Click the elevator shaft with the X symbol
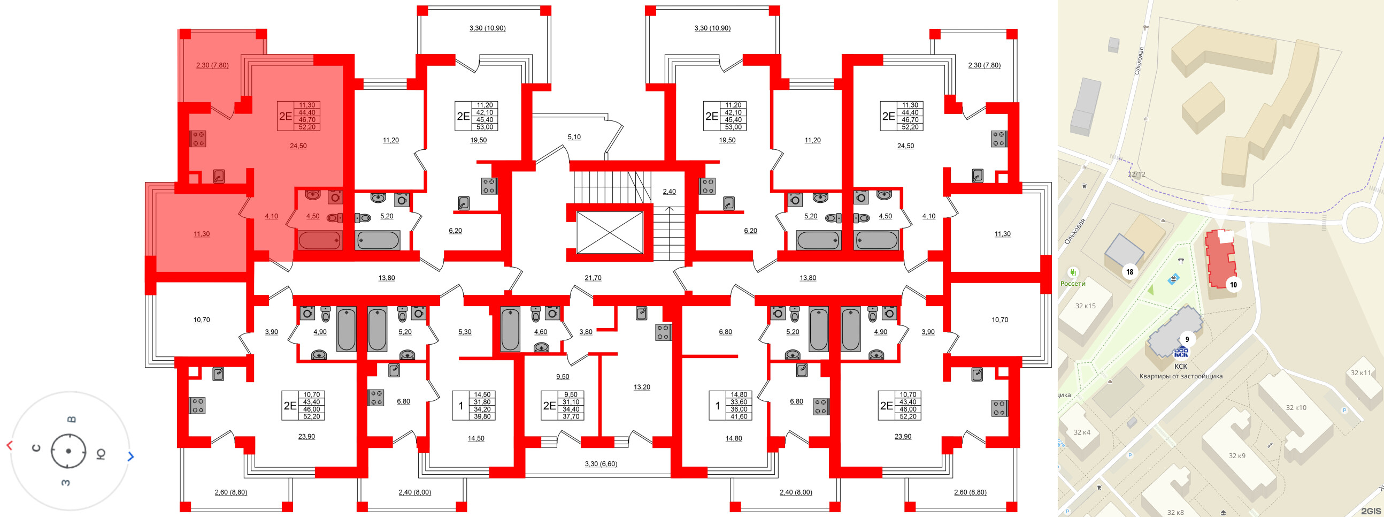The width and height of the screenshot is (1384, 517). pyautogui.click(x=609, y=232)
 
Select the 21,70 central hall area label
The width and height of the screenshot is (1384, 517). pyautogui.click(x=593, y=278)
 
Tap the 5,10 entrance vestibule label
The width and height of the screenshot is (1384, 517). pyautogui.click(x=574, y=137)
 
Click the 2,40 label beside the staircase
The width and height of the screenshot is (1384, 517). pyautogui.click(x=669, y=191)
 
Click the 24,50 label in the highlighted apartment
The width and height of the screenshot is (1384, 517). pyautogui.click(x=298, y=146)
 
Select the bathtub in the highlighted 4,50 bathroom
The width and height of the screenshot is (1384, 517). pyautogui.click(x=320, y=240)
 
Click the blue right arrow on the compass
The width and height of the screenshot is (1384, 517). pyautogui.click(x=130, y=457)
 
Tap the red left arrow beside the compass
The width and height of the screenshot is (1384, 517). pyautogui.click(x=9, y=445)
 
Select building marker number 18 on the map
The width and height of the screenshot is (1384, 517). pyautogui.click(x=1129, y=272)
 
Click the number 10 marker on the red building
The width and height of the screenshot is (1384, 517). pyautogui.click(x=1233, y=285)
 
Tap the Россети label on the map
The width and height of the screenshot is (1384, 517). pyautogui.click(x=1072, y=283)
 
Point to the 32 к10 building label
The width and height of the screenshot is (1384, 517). pyautogui.click(x=1295, y=407)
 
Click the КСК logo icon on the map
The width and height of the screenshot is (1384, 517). pyautogui.click(x=1180, y=353)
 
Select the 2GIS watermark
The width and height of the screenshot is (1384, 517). pyautogui.click(x=1370, y=511)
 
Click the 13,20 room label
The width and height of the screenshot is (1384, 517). pyautogui.click(x=642, y=387)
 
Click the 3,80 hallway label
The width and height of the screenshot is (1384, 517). pyautogui.click(x=586, y=332)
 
